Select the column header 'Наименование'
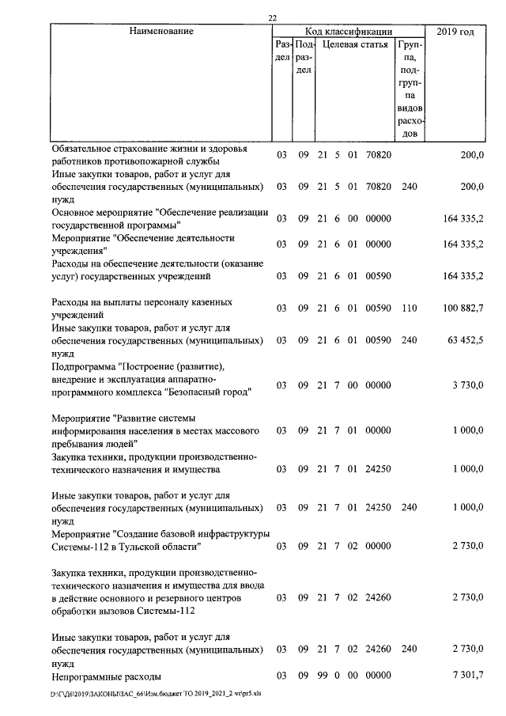pyautogui.click(x=162, y=31)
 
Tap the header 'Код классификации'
pyautogui.click(x=349, y=31)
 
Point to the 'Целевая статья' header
pyautogui.click(x=353, y=46)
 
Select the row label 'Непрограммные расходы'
pyautogui.click(x=107, y=676)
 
